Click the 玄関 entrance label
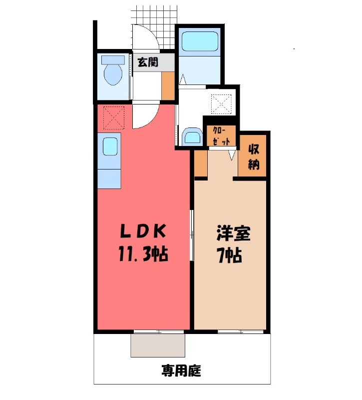point(148,62)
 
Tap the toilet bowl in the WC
point(113,74)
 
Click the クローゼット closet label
point(221,136)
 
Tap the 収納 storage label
point(254,157)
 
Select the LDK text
point(143,231)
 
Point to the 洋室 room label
point(234,233)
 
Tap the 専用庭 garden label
point(181,371)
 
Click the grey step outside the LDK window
point(158,345)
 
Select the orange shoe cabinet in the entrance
point(168,85)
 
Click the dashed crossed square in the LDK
point(114,118)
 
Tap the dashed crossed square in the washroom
point(222,104)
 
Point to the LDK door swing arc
point(151,119)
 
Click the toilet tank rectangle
point(113,60)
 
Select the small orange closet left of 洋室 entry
point(201,163)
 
